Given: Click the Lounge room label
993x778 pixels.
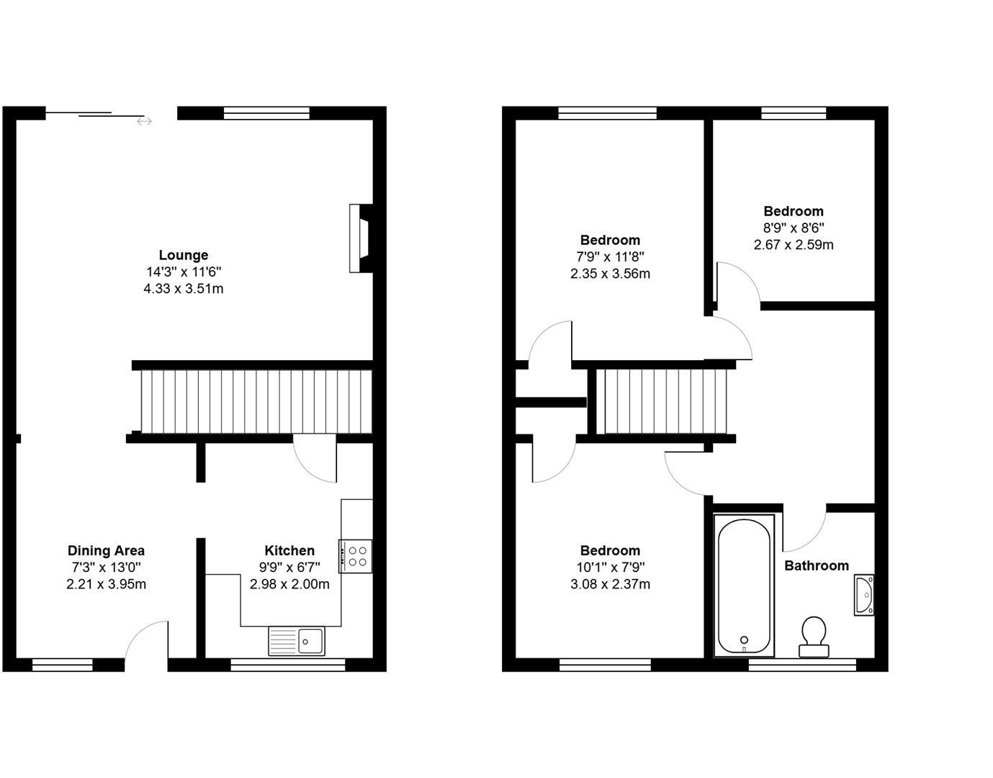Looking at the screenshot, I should click(184, 255).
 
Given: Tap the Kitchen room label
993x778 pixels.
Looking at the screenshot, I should click(289, 550).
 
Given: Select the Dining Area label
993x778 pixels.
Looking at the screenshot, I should click(106, 550).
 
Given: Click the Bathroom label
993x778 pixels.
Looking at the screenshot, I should click(816, 565).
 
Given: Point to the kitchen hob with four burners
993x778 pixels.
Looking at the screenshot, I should click(356, 556).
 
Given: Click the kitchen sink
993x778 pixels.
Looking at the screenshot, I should click(297, 640).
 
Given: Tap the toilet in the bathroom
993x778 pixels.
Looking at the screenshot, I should click(814, 636).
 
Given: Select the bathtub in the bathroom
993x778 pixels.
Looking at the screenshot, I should click(745, 584).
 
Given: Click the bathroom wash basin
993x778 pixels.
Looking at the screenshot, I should click(864, 595).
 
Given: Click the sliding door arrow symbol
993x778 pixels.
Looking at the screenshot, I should click(144, 122).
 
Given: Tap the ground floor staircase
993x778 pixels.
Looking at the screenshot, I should click(256, 401).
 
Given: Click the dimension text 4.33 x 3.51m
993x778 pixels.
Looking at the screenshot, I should click(184, 289).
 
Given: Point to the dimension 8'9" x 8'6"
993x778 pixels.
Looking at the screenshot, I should click(794, 228).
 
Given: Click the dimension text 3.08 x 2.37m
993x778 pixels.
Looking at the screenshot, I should click(610, 584).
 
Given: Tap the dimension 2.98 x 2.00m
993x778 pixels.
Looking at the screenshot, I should click(289, 584).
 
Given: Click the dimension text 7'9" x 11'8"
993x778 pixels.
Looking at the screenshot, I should click(610, 256).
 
